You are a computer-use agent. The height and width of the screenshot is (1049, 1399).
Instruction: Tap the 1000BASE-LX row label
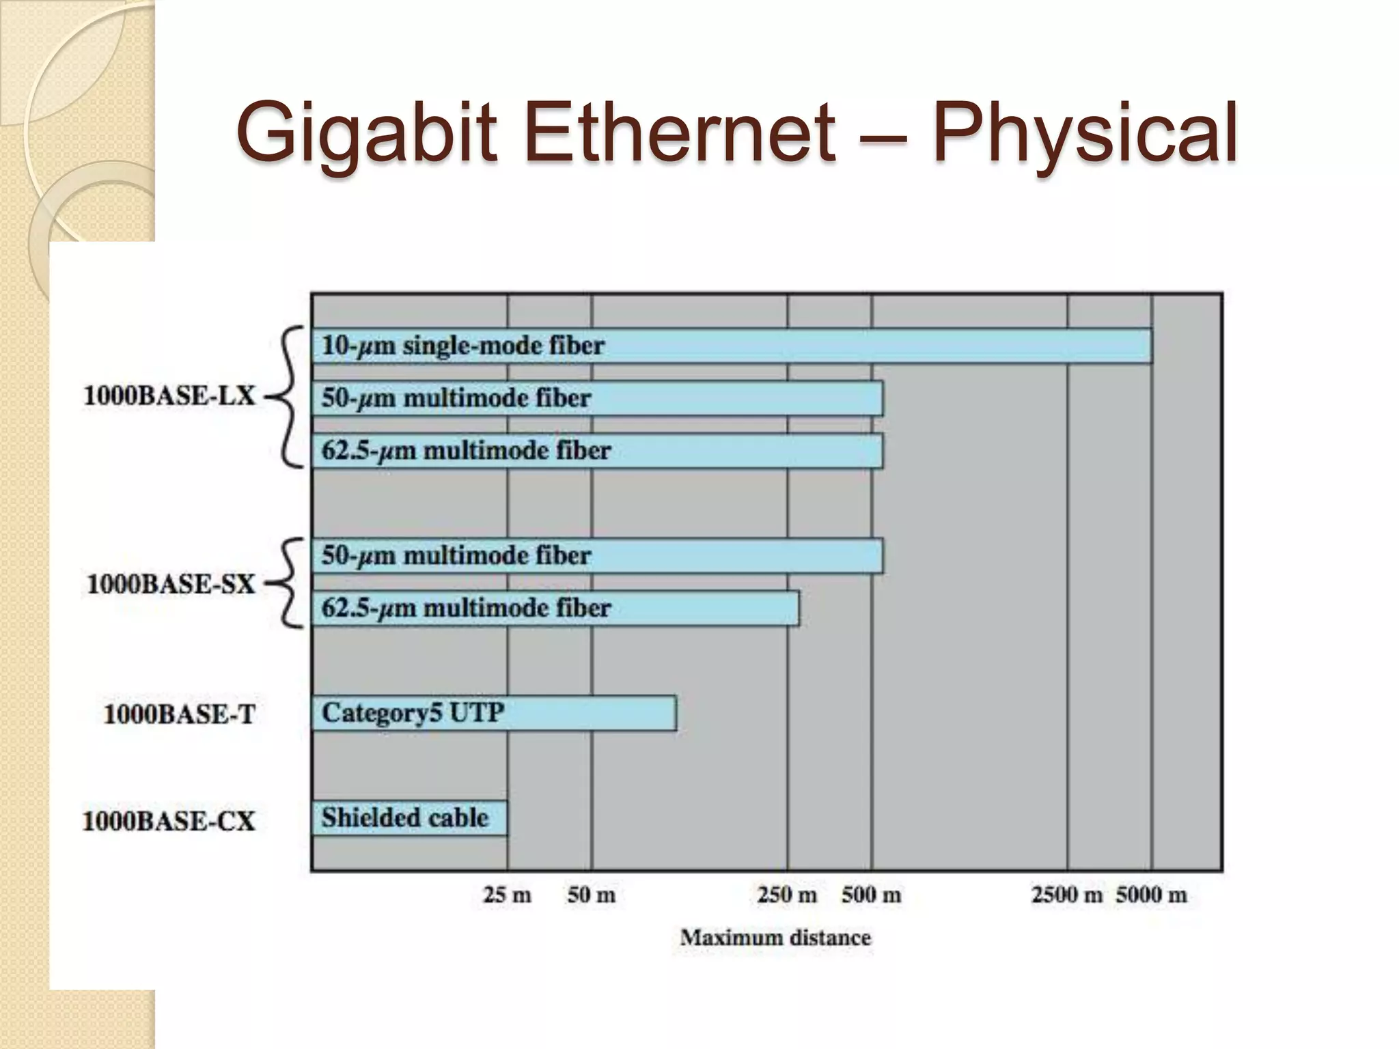click(x=169, y=396)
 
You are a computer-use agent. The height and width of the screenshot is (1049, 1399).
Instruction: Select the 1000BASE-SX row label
click(x=171, y=585)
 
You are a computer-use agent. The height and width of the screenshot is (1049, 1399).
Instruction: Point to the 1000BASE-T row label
click(x=179, y=714)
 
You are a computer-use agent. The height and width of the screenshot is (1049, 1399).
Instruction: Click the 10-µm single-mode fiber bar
click(x=731, y=346)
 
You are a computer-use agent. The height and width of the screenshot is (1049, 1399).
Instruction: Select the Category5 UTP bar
click(x=493, y=714)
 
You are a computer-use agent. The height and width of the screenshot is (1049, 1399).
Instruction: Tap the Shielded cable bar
click(x=409, y=818)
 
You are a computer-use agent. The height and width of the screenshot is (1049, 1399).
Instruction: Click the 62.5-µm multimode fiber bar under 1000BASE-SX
click(x=555, y=608)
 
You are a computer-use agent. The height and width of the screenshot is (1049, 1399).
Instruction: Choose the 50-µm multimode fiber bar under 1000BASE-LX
click(x=596, y=398)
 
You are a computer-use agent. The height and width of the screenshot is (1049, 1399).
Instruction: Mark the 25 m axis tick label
click(x=507, y=895)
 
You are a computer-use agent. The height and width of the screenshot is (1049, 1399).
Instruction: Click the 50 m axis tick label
click(x=591, y=895)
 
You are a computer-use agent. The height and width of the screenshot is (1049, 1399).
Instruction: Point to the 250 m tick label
click(x=786, y=895)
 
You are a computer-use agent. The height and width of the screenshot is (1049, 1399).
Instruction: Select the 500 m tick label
click(x=871, y=895)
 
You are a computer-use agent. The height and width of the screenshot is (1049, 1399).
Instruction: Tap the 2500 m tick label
click(x=1066, y=895)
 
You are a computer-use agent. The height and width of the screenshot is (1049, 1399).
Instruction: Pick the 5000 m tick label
click(x=1152, y=895)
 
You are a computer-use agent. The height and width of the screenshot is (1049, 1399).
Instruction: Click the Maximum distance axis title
click(x=775, y=938)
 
